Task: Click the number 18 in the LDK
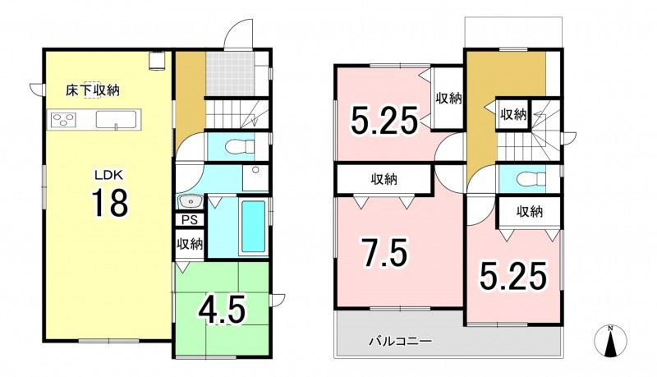pyautogui.click(x=110, y=203)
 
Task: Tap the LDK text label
pyautogui.click(x=108, y=175)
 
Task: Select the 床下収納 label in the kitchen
pyautogui.click(x=93, y=90)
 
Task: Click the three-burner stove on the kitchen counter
pyautogui.click(x=63, y=119)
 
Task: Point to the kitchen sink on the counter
pyautogui.click(x=117, y=119)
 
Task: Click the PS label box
pyautogui.click(x=190, y=220)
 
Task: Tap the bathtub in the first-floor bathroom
pyautogui.click(x=253, y=226)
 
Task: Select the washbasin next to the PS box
pyautogui.click(x=191, y=202)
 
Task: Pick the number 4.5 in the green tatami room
pyautogui.click(x=222, y=310)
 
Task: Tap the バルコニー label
pyautogui.click(x=400, y=342)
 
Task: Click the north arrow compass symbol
pyautogui.click(x=611, y=340)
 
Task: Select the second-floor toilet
pyautogui.click(x=531, y=179)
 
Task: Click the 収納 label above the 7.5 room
pyautogui.click(x=384, y=180)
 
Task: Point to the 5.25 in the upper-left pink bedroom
pyautogui.click(x=384, y=120)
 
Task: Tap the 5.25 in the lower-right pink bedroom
pyautogui.click(x=513, y=276)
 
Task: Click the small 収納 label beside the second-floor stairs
pyautogui.click(x=513, y=114)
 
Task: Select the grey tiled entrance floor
pyautogui.click(x=230, y=74)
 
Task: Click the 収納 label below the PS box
pyautogui.click(x=190, y=244)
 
